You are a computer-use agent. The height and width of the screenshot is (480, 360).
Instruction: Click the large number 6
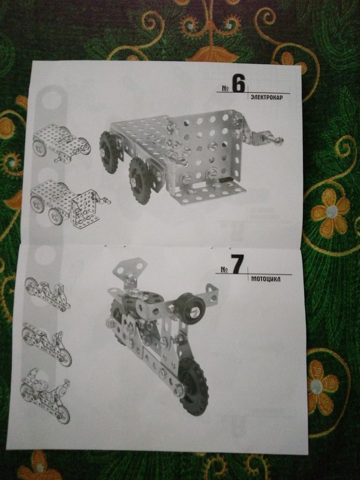238,83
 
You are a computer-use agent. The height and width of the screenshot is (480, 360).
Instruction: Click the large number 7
237,264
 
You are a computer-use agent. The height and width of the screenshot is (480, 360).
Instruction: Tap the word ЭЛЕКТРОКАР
266,97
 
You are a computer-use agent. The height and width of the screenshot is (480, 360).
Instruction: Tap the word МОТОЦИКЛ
266,278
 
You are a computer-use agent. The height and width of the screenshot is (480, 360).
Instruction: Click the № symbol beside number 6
226,88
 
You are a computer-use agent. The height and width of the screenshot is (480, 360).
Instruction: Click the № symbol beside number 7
224,269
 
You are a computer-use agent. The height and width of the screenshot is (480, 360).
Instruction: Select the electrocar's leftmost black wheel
109,152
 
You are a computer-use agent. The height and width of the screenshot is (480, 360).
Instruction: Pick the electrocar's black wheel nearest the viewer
140,181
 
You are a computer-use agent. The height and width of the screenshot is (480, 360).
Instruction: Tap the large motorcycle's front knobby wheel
193,386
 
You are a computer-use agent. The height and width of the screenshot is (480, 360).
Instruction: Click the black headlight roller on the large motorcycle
190,308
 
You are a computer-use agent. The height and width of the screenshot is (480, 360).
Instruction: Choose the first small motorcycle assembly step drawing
48,294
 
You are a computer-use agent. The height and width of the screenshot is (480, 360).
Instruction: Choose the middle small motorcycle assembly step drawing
47,344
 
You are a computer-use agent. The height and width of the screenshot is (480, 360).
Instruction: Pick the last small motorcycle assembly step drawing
46,396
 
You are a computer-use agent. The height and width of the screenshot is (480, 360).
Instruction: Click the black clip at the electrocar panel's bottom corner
226,179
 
